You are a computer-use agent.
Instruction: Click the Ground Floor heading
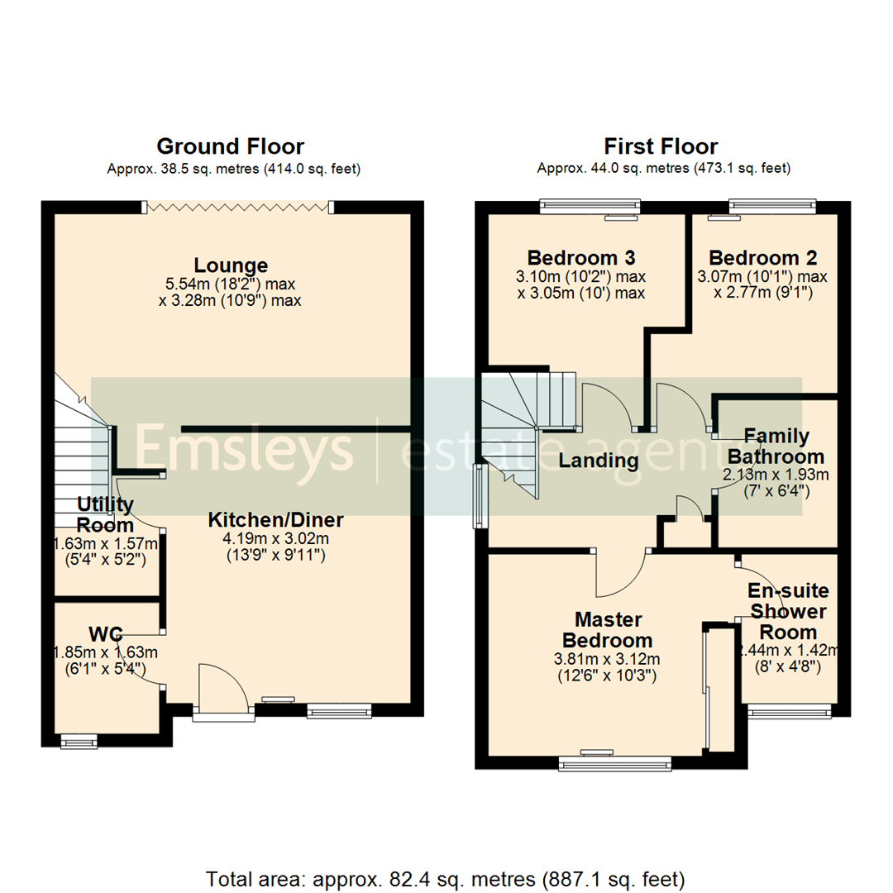click(230, 147)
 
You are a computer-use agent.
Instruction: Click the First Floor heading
click(661, 147)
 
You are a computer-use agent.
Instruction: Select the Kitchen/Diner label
click(275, 520)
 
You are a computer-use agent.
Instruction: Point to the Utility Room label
click(105, 514)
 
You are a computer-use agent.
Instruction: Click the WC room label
click(106, 634)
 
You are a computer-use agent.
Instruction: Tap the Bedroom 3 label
click(581, 257)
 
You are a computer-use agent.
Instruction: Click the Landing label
click(599, 461)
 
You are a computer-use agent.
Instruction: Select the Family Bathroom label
click(776, 446)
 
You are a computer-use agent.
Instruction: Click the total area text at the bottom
click(446, 878)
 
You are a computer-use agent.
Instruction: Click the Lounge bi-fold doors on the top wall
click(239, 208)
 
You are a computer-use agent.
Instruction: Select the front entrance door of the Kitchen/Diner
click(224, 686)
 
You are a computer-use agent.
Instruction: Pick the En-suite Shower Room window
click(788, 711)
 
